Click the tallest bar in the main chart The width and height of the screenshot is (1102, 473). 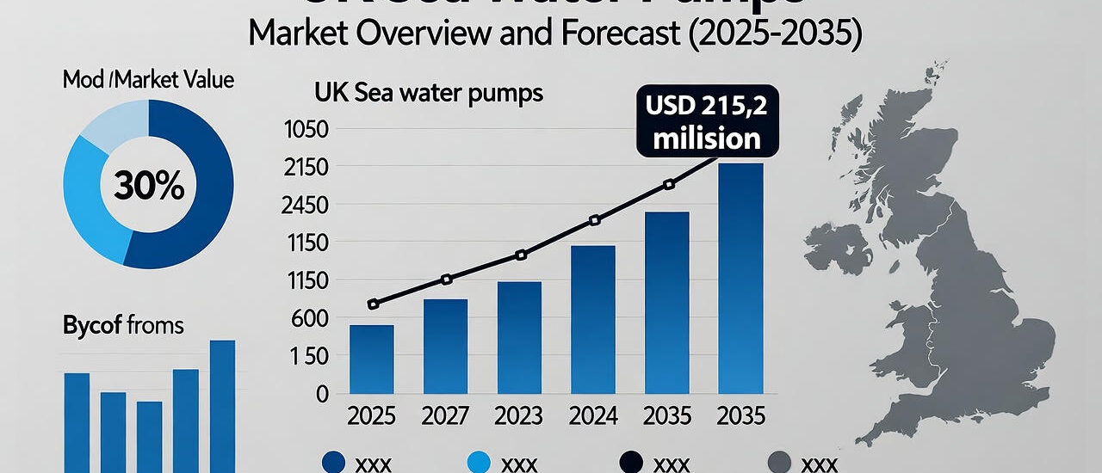click(x=740, y=279)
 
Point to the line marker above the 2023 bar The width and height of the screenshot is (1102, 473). click(x=520, y=255)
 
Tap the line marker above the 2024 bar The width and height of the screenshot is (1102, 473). click(x=594, y=220)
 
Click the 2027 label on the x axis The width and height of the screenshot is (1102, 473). click(x=445, y=416)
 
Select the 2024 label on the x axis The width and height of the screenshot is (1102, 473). click(x=594, y=416)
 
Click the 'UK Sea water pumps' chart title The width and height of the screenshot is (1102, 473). click(x=429, y=92)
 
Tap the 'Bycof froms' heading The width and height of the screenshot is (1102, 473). click(x=123, y=326)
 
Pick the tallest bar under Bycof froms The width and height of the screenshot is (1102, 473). click(x=222, y=404)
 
